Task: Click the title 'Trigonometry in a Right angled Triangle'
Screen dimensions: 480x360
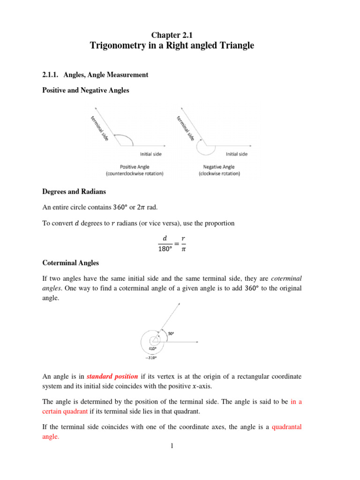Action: pyautogui.click(x=172, y=45)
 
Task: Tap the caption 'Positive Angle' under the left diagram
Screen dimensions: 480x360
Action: pyautogui.click(x=135, y=166)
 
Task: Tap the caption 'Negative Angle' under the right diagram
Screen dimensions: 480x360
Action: pyautogui.click(x=218, y=166)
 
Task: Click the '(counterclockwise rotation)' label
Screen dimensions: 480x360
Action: pyautogui.click(x=135, y=173)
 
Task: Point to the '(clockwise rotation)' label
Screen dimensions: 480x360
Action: pyautogui.click(x=219, y=173)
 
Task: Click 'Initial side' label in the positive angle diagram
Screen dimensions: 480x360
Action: pyautogui.click(x=151, y=153)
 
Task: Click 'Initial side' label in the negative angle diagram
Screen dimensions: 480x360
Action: pyautogui.click(x=237, y=153)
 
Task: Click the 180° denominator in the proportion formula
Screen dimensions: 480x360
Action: pyautogui.click(x=165, y=249)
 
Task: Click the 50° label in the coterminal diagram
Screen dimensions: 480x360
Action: pyautogui.click(x=171, y=333)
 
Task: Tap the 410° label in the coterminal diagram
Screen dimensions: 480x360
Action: pyautogui.click(x=152, y=349)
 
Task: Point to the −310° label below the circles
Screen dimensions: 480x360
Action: pyautogui.click(x=150, y=357)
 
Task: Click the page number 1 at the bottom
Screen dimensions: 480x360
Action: pyautogui.click(x=172, y=445)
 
